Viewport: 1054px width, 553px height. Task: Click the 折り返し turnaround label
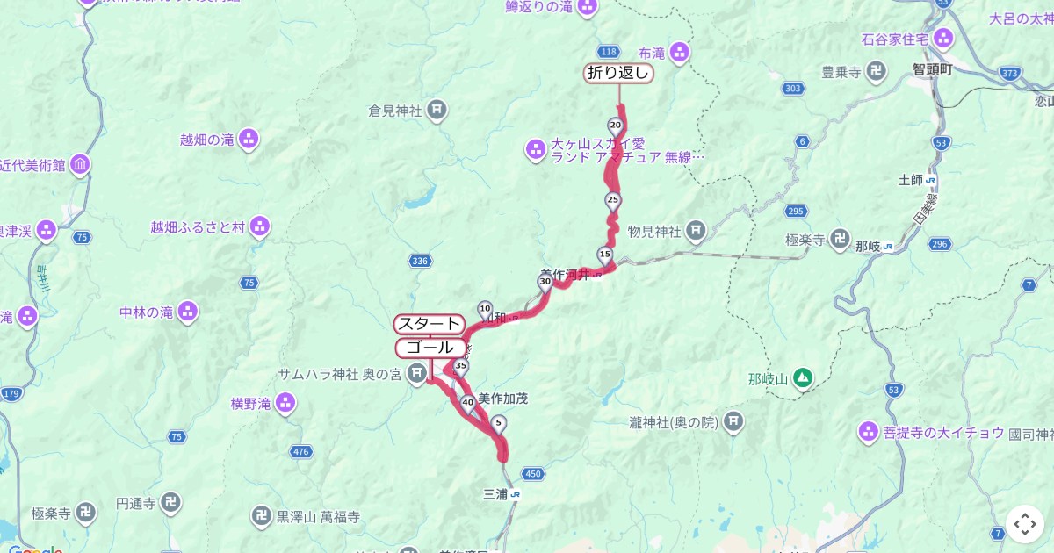click(618, 74)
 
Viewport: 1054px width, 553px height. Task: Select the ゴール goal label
click(430, 348)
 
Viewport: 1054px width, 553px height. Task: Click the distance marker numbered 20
click(614, 126)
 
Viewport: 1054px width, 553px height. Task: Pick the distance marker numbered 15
click(604, 255)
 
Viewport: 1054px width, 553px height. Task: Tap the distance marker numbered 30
click(545, 282)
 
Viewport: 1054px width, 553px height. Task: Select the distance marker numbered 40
click(467, 404)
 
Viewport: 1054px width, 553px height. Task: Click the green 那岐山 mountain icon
click(802, 378)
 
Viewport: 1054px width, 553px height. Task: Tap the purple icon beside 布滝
click(680, 53)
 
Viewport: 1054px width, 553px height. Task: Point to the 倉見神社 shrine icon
click(437, 111)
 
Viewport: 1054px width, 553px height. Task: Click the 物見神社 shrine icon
click(696, 232)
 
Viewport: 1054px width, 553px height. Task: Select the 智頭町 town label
click(932, 68)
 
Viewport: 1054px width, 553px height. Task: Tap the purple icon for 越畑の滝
click(249, 139)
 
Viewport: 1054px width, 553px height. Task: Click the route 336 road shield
click(420, 261)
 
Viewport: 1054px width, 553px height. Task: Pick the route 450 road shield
click(532, 474)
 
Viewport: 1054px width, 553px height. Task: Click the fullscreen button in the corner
click(1024, 524)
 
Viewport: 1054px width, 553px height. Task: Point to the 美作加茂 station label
click(503, 399)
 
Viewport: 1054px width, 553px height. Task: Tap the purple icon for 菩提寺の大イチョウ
click(868, 431)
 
